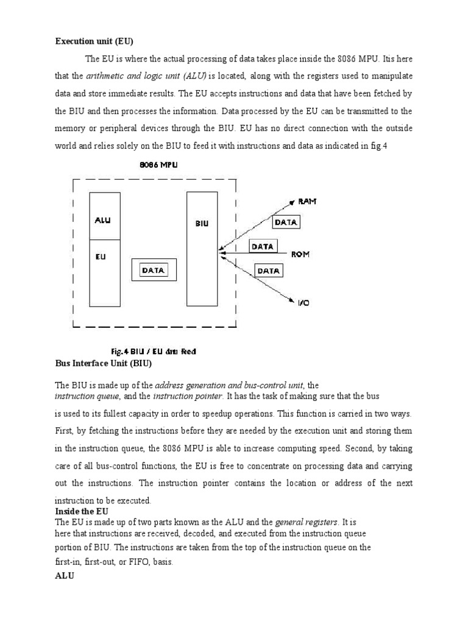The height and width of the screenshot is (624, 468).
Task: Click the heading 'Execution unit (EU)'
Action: click(94, 41)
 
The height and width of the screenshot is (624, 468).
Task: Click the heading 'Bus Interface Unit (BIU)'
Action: click(103, 364)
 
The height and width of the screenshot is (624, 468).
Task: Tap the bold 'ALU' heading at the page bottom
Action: click(65, 575)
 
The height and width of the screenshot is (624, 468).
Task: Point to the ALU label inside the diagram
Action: click(103, 220)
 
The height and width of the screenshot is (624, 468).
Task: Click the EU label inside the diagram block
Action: click(101, 257)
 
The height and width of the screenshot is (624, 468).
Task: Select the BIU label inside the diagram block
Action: click(202, 224)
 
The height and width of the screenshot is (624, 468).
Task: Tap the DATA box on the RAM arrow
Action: click(286, 222)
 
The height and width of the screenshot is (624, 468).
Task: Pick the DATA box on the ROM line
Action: click(263, 246)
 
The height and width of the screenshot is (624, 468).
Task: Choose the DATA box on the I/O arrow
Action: click(268, 270)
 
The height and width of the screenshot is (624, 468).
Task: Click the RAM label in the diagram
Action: click(307, 201)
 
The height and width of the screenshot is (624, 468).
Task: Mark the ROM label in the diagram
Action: click(300, 254)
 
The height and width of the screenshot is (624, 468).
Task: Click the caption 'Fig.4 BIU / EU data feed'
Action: click(153, 352)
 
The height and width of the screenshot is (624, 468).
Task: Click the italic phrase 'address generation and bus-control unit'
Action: click(230, 385)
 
